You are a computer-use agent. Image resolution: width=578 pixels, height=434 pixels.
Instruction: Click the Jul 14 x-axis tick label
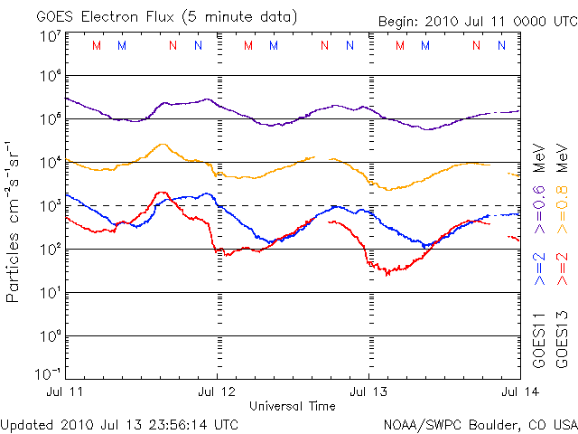505,391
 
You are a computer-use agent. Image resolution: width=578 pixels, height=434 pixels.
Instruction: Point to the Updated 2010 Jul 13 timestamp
120,422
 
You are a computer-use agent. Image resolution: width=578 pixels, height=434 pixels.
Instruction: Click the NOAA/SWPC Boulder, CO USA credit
480,422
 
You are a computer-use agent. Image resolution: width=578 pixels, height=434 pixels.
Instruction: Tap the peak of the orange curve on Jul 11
162,145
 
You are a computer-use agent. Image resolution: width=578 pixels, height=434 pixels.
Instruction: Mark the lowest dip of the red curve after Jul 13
388,273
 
